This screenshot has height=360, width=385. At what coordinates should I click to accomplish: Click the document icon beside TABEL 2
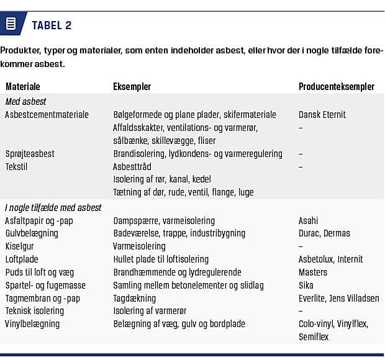coord(11,24)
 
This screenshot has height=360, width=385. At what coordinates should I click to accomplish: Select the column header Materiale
coord(23,87)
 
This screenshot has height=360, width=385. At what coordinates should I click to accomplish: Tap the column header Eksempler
coord(132,87)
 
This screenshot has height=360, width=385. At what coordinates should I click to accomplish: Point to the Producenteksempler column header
coord(335,87)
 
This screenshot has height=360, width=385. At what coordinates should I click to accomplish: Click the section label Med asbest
coord(25,101)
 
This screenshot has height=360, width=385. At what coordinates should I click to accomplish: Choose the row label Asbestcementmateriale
coord(47,114)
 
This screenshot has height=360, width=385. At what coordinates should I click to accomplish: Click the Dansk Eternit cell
coord(322,114)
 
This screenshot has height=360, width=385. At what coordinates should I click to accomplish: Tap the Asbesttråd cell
coord(132,166)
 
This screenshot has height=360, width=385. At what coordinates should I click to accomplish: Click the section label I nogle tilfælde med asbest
coord(53,207)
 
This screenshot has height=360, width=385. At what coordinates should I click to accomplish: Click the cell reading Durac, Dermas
coord(324,233)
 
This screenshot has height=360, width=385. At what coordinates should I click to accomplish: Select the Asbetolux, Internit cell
coord(330,259)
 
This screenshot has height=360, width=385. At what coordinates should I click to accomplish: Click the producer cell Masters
coord(313,272)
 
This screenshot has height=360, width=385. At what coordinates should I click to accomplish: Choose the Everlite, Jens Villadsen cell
coord(338,299)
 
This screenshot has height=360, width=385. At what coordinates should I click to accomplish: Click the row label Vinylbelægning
coord(32,324)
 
